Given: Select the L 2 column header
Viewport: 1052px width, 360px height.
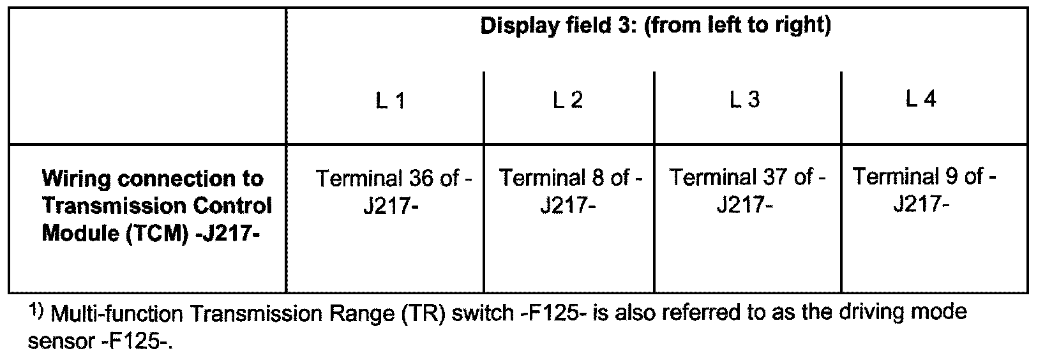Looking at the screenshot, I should point(567,101).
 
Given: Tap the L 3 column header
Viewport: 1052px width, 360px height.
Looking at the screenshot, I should point(744,101).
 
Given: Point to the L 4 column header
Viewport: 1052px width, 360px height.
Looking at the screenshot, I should point(921,100).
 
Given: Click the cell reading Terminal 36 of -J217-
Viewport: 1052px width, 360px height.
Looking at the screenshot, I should point(393,192).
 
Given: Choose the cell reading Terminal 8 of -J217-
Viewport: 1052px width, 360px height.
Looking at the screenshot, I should point(569,191).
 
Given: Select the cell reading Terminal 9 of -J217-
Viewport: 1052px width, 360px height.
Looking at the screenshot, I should point(924,190).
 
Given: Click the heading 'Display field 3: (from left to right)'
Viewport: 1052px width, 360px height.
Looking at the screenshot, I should point(655,27).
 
